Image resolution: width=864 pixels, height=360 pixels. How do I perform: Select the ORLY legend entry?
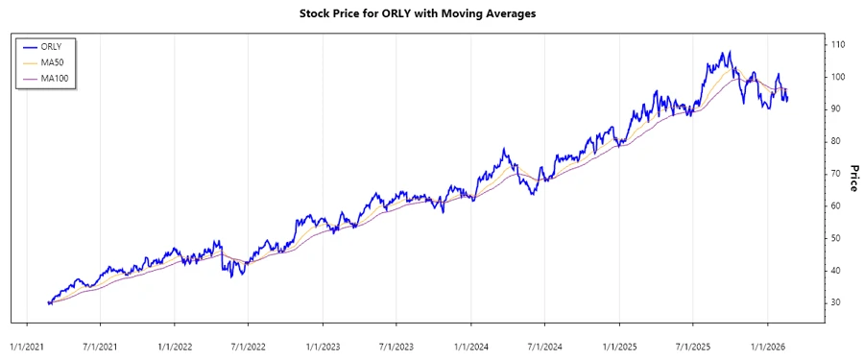point(54,45)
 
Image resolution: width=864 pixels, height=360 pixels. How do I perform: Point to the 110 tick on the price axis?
point(838,45)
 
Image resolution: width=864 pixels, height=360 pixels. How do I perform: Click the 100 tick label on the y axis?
point(838,77)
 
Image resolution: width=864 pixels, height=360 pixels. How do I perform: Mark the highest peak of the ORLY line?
point(729,52)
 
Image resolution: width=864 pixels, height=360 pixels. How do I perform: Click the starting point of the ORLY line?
point(48,302)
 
